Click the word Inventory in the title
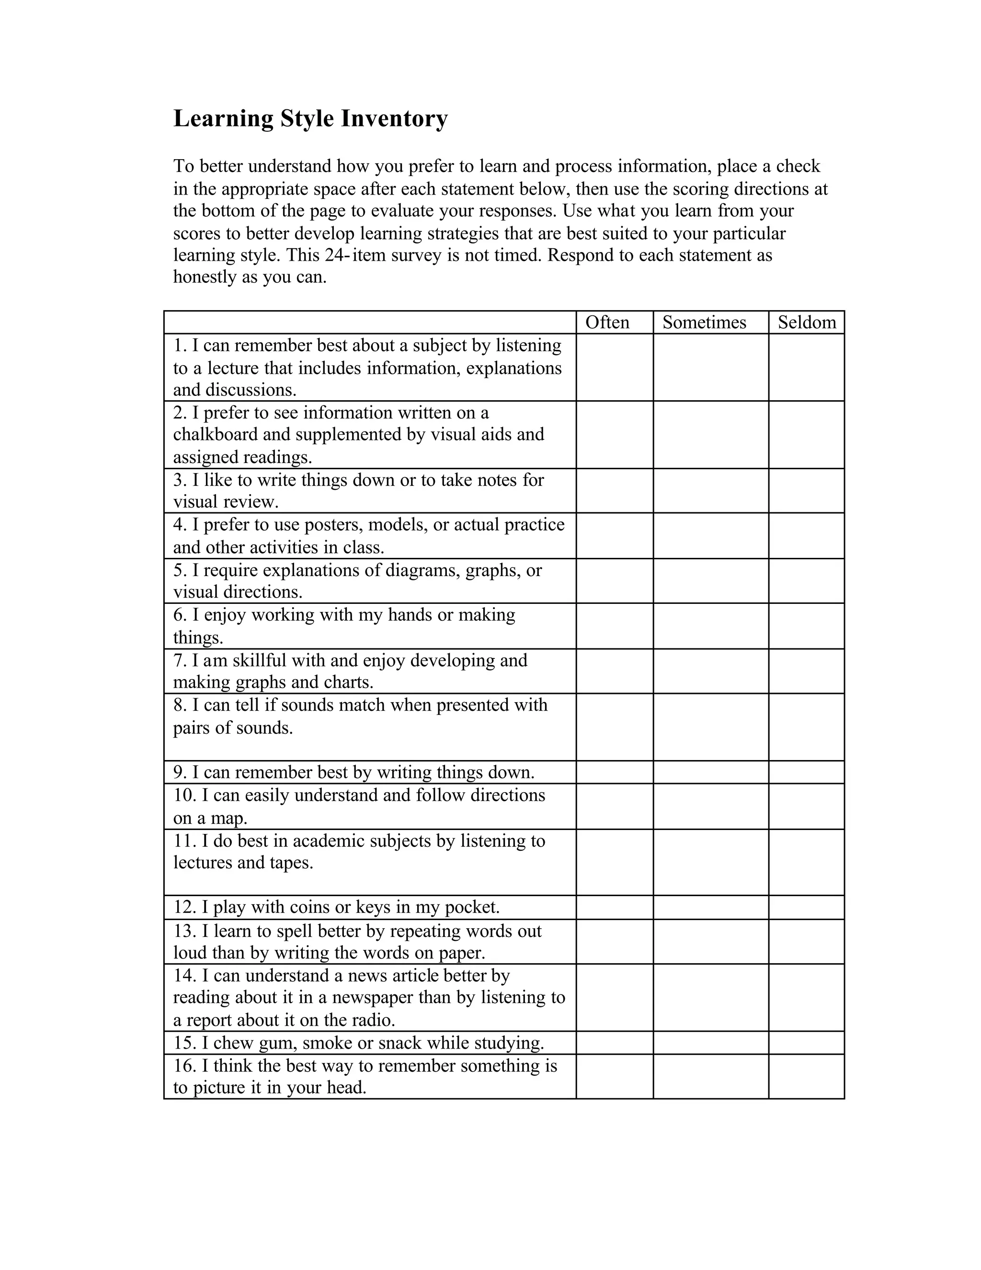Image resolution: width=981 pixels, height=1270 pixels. pyautogui.click(x=394, y=119)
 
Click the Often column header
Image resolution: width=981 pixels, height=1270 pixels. pyautogui.click(x=607, y=322)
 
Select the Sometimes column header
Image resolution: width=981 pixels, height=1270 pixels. pyautogui.click(x=704, y=322)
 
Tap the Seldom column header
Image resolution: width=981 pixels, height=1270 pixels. pyautogui.click(x=807, y=322)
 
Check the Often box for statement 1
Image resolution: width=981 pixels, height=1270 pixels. pyautogui.click(x=614, y=367)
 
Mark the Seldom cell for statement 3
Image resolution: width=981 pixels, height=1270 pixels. pyautogui.click(x=806, y=490)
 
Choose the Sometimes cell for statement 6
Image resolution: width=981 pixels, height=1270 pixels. pyautogui.click(x=710, y=626)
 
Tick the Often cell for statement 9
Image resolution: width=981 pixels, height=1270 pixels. pyautogui.click(x=614, y=772)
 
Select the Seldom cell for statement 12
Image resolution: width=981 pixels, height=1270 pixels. pyautogui.click(x=806, y=907)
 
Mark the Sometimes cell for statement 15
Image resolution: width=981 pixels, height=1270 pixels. pyautogui.click(x=710, y=1043)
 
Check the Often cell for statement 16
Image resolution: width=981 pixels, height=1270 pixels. pyautogui.click(x=614, y=1076)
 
